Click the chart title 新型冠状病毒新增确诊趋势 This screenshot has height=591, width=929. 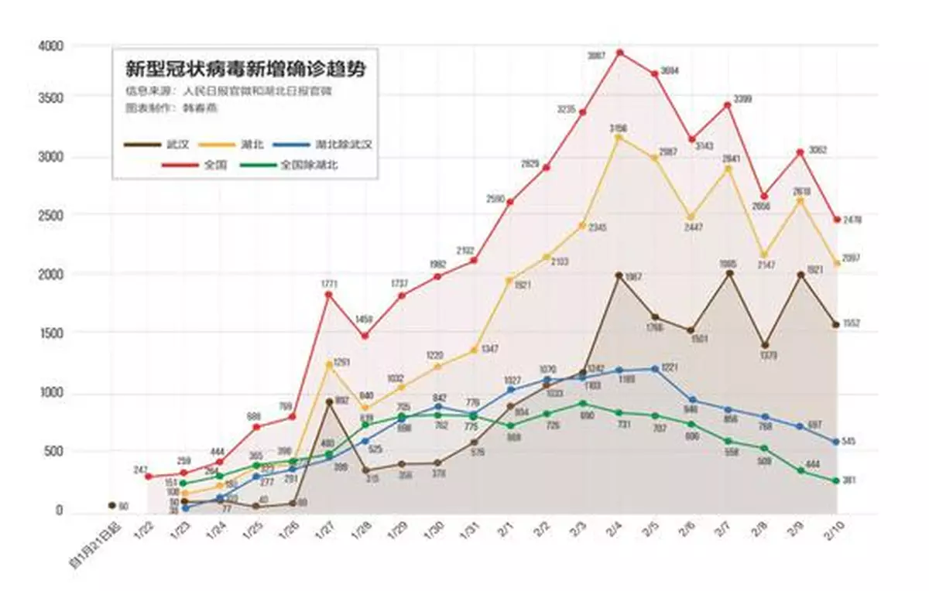(x=245, y=69)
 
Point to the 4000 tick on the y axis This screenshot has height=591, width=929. (x=52, y=46)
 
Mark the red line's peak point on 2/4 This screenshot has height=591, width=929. (x=619, y=53)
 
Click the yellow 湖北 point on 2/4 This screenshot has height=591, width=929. (x=619, y=137)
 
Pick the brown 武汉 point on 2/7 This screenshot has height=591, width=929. (x=728, y=273)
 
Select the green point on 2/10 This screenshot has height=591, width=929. (x=837, y=480)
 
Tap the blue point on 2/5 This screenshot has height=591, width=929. (x=656, y=369)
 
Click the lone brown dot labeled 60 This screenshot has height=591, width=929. (x=111, y=505)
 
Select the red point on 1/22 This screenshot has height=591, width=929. (x=148, y=477)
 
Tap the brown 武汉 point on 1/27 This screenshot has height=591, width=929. (x=329, y=401)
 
